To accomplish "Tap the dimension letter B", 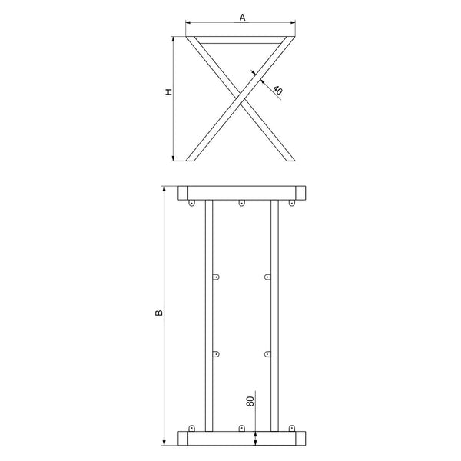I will coord(158,313).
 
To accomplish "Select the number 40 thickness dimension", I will coord(277,90).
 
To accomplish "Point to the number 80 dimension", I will coord(250,400).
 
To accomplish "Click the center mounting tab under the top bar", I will coord(242,203).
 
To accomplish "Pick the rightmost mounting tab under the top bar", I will coord(292,203).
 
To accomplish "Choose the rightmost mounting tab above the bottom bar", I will coord(292,427).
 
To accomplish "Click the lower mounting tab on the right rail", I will coord(267,353).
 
